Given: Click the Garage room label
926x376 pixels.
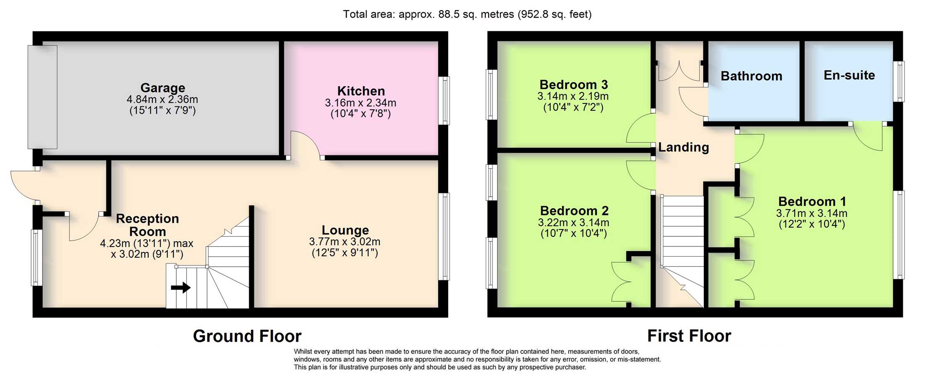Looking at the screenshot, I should pos(162,87).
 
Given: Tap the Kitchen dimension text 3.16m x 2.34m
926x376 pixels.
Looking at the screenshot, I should pos(360,103).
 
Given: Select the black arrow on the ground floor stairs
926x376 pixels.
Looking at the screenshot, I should pos(181,288).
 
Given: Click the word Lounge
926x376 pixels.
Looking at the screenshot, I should pos(345,230).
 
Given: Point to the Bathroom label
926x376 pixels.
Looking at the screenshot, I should pos(751,76).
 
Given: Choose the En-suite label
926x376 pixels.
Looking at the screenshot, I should pos(849,75).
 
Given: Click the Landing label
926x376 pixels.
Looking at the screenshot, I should pos(684,147).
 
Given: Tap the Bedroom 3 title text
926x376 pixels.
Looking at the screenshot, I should pos(573,85).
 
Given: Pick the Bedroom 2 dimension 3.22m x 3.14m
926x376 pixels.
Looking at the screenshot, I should pos(573,222).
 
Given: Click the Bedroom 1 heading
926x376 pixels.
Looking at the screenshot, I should pos(812,201).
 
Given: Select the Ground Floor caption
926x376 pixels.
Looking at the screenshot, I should pos(247,336).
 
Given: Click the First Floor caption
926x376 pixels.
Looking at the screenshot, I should pos(689,336).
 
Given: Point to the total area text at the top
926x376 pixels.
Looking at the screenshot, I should pos(467,14).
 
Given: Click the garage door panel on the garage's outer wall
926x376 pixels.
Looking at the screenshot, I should pos(42,97).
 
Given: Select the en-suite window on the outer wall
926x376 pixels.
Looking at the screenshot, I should pos(899,82).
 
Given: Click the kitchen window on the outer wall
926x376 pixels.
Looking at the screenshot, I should pos(444,101).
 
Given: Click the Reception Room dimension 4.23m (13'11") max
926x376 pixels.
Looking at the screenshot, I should pos(146,243).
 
